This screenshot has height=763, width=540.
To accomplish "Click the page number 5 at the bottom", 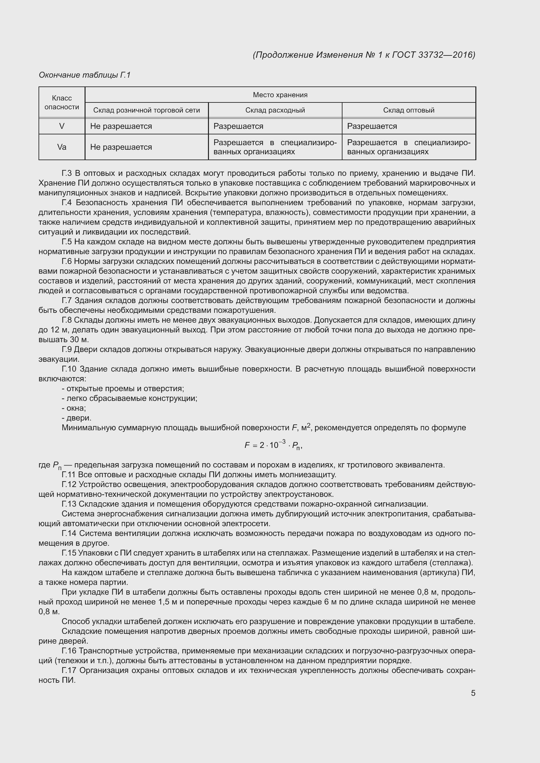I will point(473,693).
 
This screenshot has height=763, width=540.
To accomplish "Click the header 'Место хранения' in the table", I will point(280,95).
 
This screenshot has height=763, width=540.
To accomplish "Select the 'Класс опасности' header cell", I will point(62,102).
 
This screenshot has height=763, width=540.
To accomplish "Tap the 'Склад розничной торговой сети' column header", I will point(146,110).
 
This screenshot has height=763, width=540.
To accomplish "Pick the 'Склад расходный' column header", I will point(275,110).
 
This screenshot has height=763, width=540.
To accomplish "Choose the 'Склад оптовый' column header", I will point(409,110).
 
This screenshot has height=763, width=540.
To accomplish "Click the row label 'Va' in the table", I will point(62,147).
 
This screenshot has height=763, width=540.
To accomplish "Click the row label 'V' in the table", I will point(62,126).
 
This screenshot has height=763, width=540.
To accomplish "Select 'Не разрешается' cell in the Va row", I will point(121,147).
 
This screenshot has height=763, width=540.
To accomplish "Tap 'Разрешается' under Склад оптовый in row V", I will point(372,126).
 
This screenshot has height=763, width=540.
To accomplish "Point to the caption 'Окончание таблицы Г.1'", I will point(85,75).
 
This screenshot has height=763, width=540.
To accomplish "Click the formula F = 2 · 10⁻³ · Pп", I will point(273,445).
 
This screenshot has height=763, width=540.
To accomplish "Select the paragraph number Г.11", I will point(69,475).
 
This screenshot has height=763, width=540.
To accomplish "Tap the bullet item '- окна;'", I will point(74,408).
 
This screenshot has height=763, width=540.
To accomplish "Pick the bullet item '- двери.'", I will point(76,418).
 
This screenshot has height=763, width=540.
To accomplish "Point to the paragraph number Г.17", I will point(69,671).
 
